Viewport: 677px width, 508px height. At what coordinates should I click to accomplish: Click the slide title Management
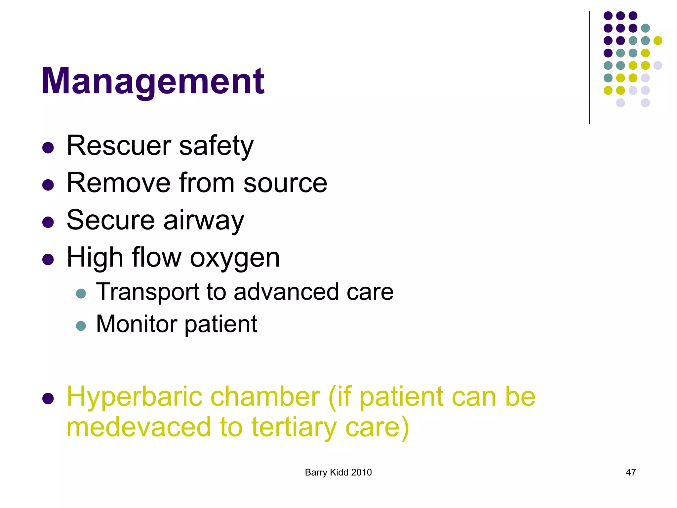point(153,81)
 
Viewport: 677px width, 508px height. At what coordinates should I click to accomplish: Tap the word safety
point(216,146)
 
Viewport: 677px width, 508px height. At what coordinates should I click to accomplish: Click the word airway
point(204,221)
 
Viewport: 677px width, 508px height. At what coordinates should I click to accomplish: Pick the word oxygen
point(235,258)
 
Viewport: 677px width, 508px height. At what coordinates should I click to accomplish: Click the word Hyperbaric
point(135,397)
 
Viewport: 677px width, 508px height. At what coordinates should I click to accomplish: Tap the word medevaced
point(139,427)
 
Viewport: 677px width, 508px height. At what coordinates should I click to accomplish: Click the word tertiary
point(294,428)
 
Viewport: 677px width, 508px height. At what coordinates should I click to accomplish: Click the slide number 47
point(631,472)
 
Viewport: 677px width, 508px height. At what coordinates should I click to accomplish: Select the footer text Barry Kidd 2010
point(338,472)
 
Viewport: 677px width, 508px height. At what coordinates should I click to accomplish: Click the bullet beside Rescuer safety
point(48,148)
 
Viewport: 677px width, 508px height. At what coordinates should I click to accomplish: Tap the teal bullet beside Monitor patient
point(81,326)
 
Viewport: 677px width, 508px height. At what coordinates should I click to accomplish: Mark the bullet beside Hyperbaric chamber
point(48,399)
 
